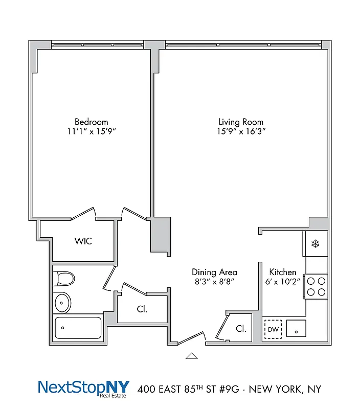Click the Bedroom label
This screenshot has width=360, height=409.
92,122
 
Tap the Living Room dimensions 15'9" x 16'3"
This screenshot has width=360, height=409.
241,131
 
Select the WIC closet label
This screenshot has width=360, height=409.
83,241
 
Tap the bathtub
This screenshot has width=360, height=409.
78,327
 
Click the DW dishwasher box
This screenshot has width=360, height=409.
273,329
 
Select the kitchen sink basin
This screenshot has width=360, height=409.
296,329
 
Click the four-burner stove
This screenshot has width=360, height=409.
316,286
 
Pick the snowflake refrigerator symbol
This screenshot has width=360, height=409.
316,244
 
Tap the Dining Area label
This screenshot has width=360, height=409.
214,272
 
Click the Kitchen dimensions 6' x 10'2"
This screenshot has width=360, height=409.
283,282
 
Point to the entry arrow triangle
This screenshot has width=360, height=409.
192,356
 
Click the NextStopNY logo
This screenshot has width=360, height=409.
84,387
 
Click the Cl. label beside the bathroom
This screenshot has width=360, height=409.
143,309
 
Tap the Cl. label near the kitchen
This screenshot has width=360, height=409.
241,329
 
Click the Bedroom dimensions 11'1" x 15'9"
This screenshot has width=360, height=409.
92,131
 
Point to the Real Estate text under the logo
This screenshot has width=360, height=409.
117,395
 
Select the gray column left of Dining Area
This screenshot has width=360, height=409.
161,234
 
